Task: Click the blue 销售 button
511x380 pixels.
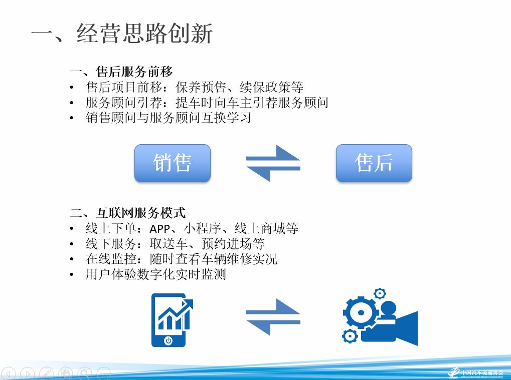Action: point(173,163)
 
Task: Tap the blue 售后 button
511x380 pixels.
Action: point(374,163)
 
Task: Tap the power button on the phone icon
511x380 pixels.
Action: point(168,340)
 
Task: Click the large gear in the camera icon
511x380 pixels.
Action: point(361,312)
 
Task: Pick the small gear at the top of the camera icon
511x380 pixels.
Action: point(380,293)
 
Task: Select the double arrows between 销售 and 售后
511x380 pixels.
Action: point(273,163)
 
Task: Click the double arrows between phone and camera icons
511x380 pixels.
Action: point(273,317)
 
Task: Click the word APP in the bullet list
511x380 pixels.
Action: point(159,229)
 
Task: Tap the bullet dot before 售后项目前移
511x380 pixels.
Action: point(72,88)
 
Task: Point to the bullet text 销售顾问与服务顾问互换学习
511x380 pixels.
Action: point(168,118)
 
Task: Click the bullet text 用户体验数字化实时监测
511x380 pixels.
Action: point(155,274)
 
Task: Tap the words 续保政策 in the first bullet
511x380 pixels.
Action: point(265,87)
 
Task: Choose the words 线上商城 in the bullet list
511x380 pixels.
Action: point(260,228)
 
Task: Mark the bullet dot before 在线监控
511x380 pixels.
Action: point(72,260)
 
